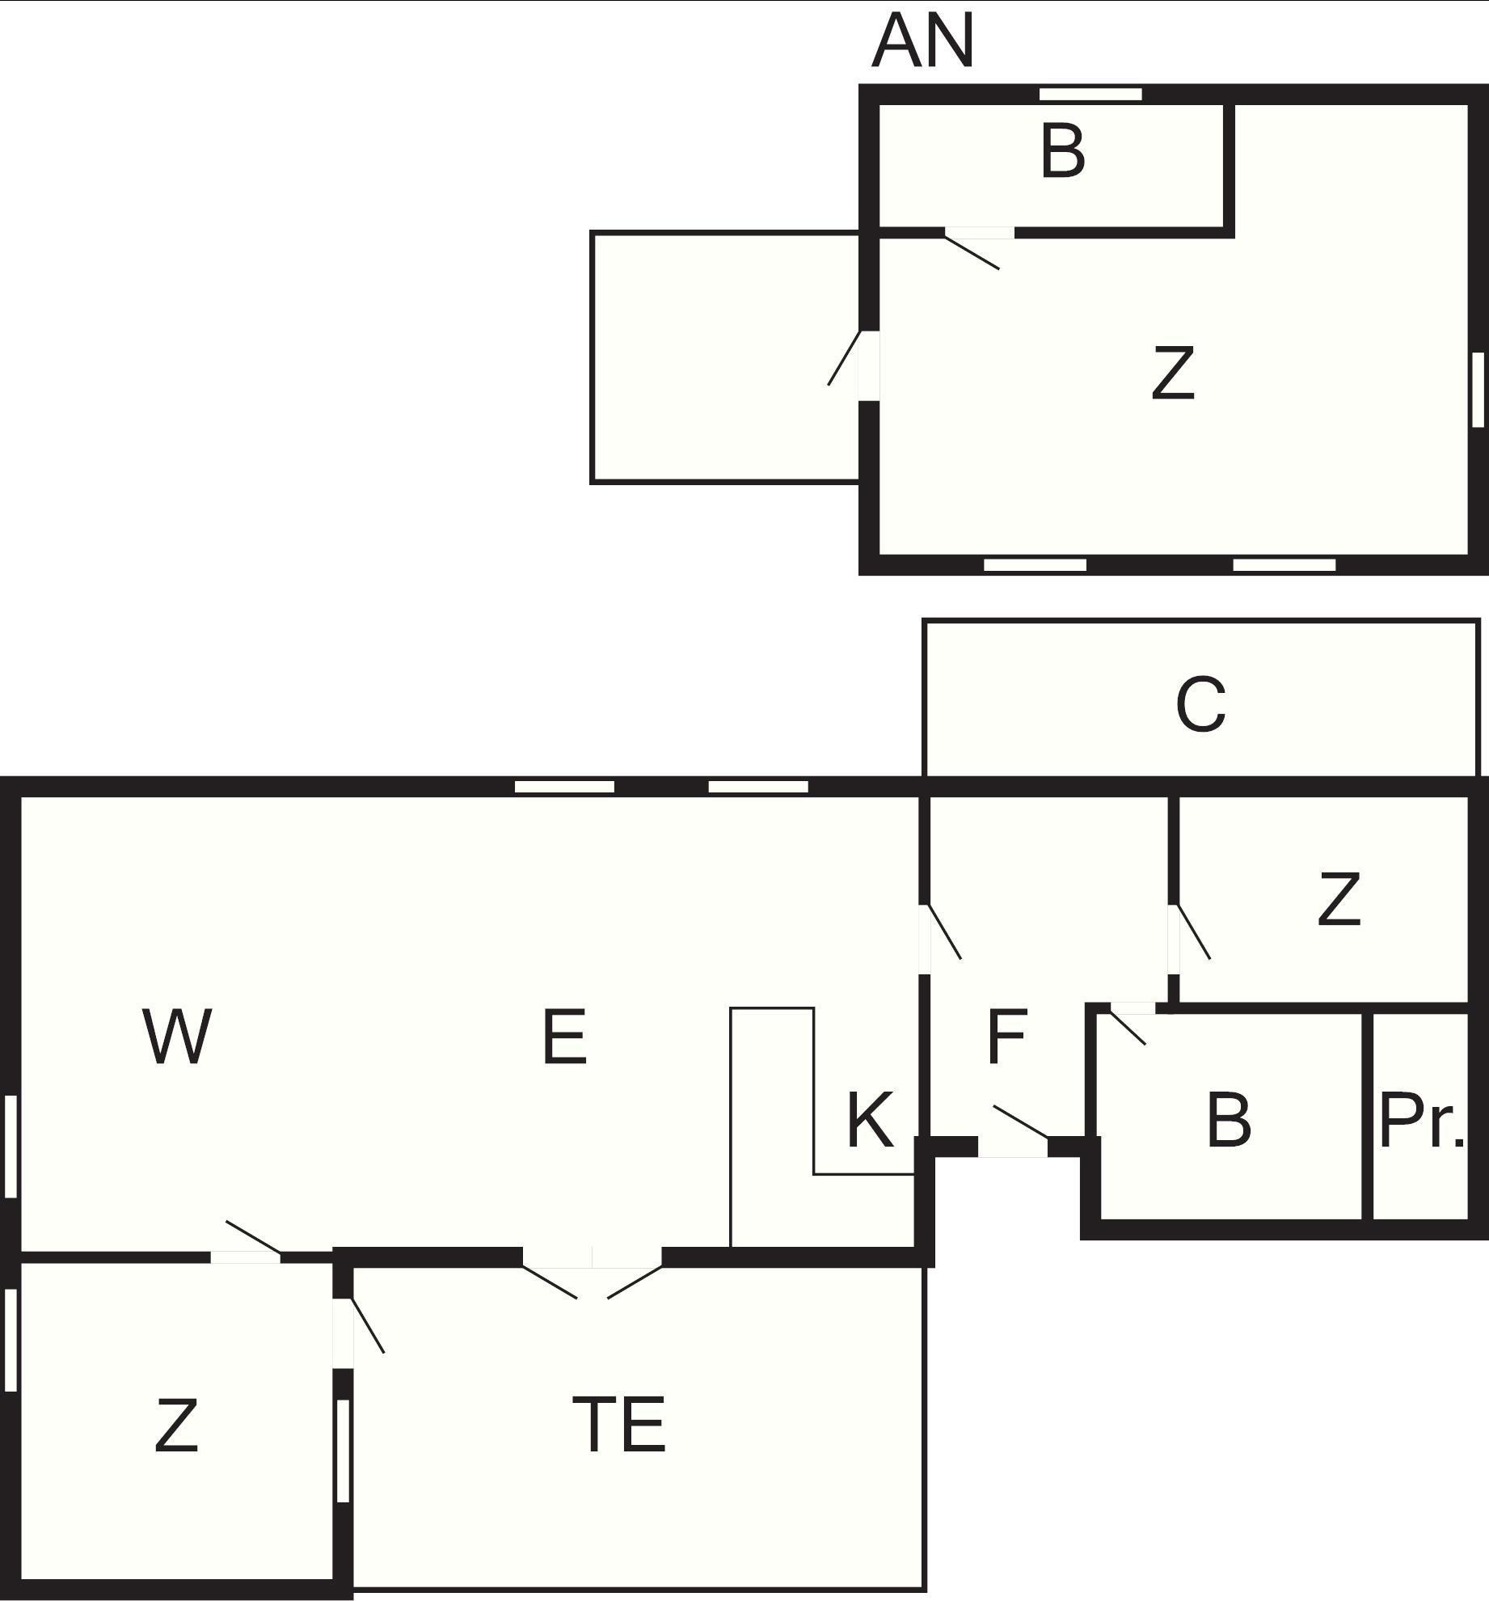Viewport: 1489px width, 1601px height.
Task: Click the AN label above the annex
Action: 923,41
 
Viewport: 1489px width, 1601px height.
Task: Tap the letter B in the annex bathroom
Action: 1062,152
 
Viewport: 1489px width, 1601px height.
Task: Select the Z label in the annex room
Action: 1173,373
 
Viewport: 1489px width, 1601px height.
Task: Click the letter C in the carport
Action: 1200,705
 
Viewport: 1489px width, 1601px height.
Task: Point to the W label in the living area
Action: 177,1036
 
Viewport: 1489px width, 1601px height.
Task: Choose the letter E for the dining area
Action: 564,1036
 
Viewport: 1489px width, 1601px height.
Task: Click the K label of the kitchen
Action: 871,1120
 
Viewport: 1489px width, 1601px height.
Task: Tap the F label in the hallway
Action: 1006,1036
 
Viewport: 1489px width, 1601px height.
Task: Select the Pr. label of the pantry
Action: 1421,1121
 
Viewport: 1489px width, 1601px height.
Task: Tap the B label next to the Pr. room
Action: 1229,1121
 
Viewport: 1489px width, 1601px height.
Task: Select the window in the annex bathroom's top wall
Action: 1090,95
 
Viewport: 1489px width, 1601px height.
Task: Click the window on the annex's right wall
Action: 1478,390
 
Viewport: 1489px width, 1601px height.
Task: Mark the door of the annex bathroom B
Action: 979,246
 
